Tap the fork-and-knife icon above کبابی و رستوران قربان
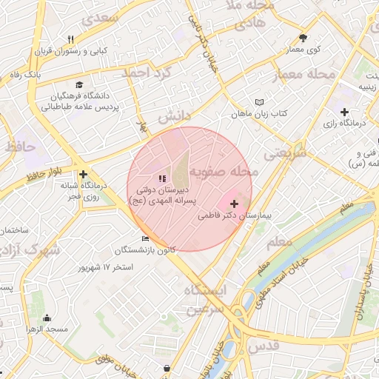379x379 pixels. [71, 39]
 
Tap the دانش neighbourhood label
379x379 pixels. [174, 116]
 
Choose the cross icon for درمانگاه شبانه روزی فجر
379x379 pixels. [93, 174]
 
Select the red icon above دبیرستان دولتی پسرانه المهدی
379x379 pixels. [162, 178]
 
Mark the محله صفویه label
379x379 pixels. [224, 172]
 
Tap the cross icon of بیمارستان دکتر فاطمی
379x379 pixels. [235, 203]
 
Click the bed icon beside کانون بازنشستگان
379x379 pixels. [145, 238]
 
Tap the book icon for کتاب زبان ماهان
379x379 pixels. [258, 102]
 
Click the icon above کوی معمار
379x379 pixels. [303, 38]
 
